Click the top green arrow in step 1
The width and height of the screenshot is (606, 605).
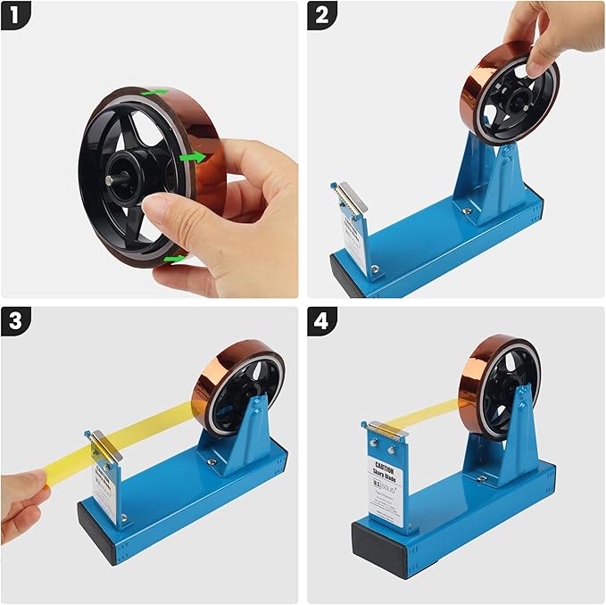pos(155,91)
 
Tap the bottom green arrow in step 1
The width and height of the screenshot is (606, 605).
pos(174,260)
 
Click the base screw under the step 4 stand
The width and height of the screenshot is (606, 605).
pos(481,478)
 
